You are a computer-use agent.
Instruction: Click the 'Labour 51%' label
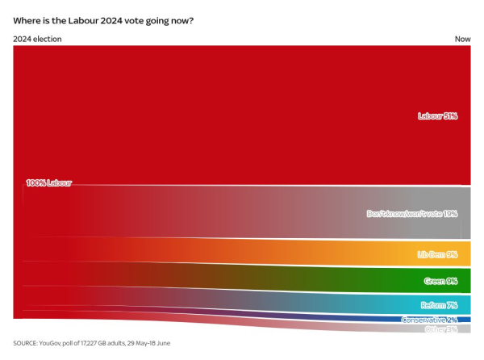(x=437, y=116)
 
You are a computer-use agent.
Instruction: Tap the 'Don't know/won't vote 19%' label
(x=412, y=214)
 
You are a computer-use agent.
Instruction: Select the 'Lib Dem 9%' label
(x=437, y=254)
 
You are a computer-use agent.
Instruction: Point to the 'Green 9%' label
(x=440, y=282)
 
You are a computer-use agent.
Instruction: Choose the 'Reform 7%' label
(x=439, y=306)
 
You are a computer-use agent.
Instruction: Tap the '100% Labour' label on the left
(x=49, y=183)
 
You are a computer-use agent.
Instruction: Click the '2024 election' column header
(x=37, y=39)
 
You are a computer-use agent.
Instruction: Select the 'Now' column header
(x=462, y=39)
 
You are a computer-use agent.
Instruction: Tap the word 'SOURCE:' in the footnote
(x=27, y=343)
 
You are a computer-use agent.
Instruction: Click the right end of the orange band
(x=466, y=253)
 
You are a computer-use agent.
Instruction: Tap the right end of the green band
(x=466, y=281)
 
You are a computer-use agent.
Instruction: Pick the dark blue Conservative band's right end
(x=466, y=320)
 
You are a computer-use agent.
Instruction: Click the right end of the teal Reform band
(x=466, y=305)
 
